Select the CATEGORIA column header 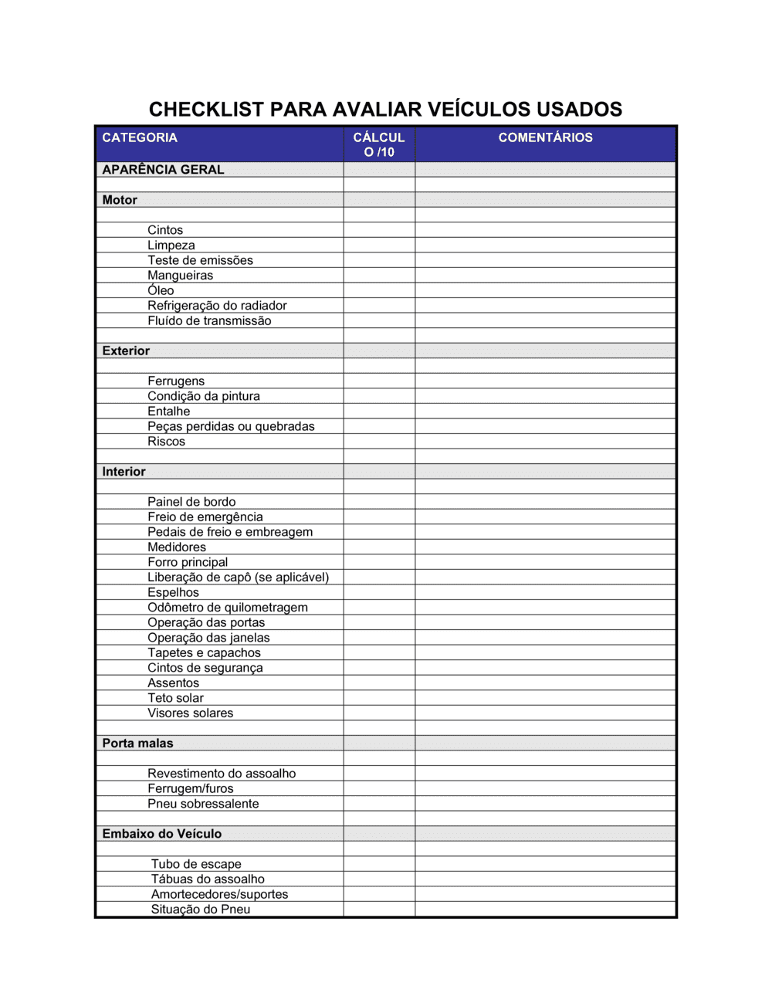(x=140, y=137)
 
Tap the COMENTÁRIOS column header (x=545, y=137)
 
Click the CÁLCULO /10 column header (x=379, y=144)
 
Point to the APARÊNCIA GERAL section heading (x=163, y=169)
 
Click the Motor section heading (x=120, y=200)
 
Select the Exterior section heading (x=126, y=351)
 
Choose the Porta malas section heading (x=137, y=743)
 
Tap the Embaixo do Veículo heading (x=161, y=834)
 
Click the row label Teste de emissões (x=200, y=260)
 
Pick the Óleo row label (x=161, y=290)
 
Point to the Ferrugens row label (x=176, y=381)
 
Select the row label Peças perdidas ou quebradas (x=231, y=426)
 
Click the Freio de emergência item (x=205, y=517)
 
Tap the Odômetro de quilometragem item (x=228, y=608)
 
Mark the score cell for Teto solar (x=379, y=698)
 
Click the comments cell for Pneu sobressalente (x=545, y=804)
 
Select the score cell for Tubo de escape (x=379, y=864)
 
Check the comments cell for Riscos (x=545, y=442)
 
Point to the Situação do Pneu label (x=201, y=910)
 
